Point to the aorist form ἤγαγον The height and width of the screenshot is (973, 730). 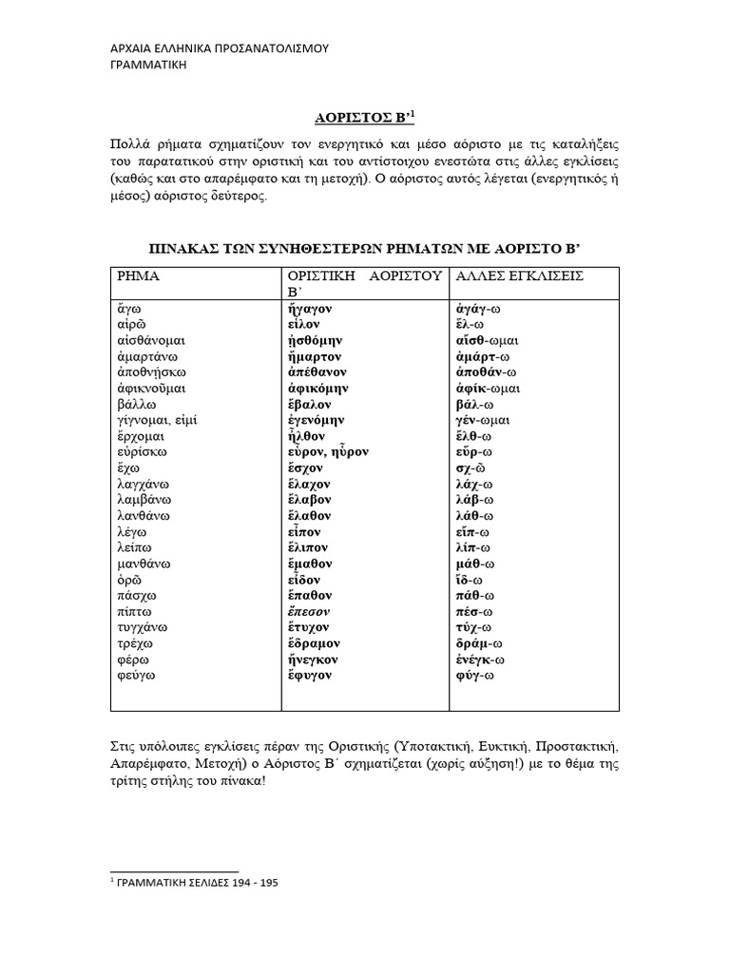(x=308, y=308)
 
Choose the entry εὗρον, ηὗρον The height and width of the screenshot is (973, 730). (x=327, y=451)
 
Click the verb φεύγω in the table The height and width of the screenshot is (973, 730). (x=136, y=675)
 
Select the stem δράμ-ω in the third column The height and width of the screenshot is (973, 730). (x=482, y=642)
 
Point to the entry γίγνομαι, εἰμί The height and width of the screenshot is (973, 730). (x=158, y=419)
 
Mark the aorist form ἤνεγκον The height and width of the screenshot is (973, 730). (x=313, y=658)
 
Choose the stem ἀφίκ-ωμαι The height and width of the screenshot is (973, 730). (x=490, y=388)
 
